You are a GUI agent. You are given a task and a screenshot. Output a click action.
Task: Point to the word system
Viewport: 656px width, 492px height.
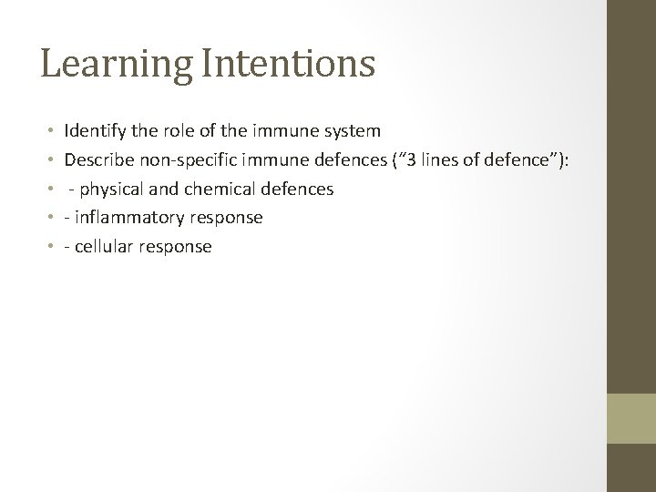pos(349,132)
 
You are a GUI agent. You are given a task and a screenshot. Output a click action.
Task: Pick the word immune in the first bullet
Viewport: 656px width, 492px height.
pos(279,132)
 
